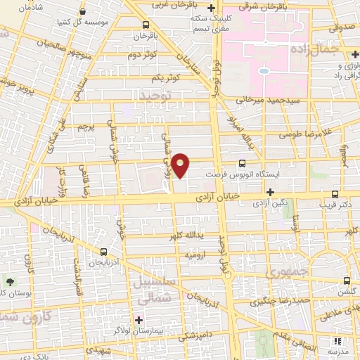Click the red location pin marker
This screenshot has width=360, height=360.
click(181, 165)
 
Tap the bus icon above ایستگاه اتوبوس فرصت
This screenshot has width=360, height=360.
click(243, 162)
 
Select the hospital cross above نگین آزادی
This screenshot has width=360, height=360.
click(270, 192)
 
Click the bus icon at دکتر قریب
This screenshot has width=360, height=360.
click(335, 193)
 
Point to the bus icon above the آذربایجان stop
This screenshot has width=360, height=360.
click(104, 252)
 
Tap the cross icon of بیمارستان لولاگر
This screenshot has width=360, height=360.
click(139, 321)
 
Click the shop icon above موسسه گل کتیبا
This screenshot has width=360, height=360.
click(84, 12)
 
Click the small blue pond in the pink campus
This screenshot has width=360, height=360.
click(262, 70)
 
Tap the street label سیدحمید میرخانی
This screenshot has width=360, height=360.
click(266, 101)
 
